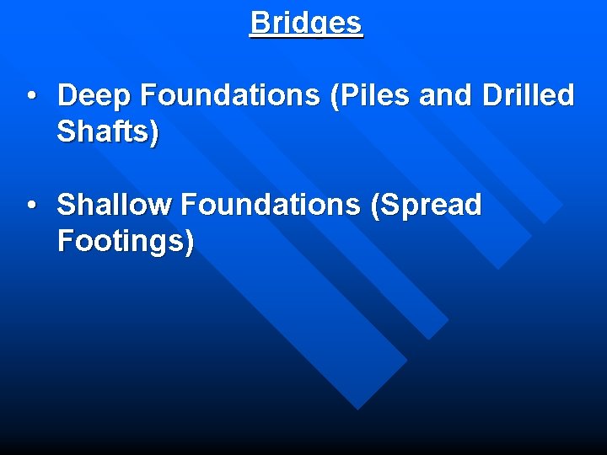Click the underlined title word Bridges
306,23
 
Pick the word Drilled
529,96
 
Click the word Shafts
103,132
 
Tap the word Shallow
113,205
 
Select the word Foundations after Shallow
270,205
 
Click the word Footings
121,241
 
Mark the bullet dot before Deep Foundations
30,97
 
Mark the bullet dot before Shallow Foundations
30,206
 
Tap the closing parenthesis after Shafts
153,133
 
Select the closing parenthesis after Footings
189,242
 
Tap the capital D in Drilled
492,96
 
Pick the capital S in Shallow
66,205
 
